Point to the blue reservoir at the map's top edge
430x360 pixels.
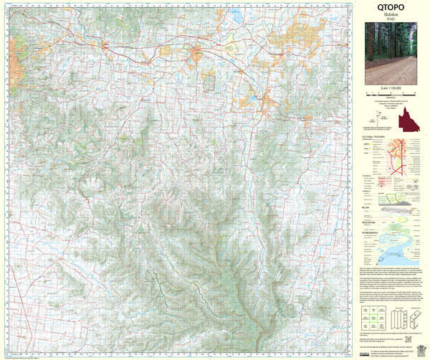[x=234, y=14]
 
